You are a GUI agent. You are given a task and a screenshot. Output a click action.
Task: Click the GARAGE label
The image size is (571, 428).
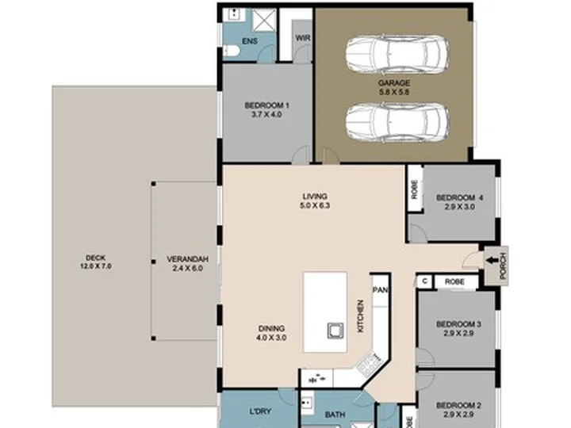click(393, 83)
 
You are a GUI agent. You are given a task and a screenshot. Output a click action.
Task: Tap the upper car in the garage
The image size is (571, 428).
click(397, 55)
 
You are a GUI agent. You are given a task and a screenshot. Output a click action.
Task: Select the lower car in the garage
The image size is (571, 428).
click(397, 122)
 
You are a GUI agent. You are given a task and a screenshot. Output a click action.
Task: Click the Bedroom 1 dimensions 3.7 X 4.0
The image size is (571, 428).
click(266, 115)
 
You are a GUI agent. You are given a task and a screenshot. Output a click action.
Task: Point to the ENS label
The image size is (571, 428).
click(250, 41)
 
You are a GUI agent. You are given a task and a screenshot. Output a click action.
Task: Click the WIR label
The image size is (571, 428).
click(303, 38)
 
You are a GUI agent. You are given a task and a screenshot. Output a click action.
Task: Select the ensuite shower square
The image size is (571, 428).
click(264, 20)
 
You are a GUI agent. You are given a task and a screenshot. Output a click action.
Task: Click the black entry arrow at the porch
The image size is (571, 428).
click(492, 260)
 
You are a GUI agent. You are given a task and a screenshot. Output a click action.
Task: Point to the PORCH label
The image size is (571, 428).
click(504, 266)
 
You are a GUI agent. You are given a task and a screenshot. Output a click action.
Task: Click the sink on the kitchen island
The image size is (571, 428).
click(335, 331)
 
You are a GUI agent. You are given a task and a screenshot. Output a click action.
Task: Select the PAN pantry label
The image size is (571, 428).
click(380, 290)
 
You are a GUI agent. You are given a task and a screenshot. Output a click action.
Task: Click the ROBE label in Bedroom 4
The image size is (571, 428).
click(415, 189)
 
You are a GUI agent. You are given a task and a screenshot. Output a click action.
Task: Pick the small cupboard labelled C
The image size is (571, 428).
click(424, 281)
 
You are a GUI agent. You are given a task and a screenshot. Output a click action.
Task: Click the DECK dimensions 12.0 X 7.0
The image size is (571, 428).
click(96, 266)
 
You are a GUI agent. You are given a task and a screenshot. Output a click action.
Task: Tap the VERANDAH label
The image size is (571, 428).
click(187, 259)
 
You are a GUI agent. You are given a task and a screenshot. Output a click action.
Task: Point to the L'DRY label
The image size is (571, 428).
click(260, 411)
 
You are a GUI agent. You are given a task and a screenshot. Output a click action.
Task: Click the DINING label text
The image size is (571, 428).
click(272, 328)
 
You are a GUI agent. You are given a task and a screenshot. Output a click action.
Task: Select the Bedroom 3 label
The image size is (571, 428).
click(458, 324)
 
